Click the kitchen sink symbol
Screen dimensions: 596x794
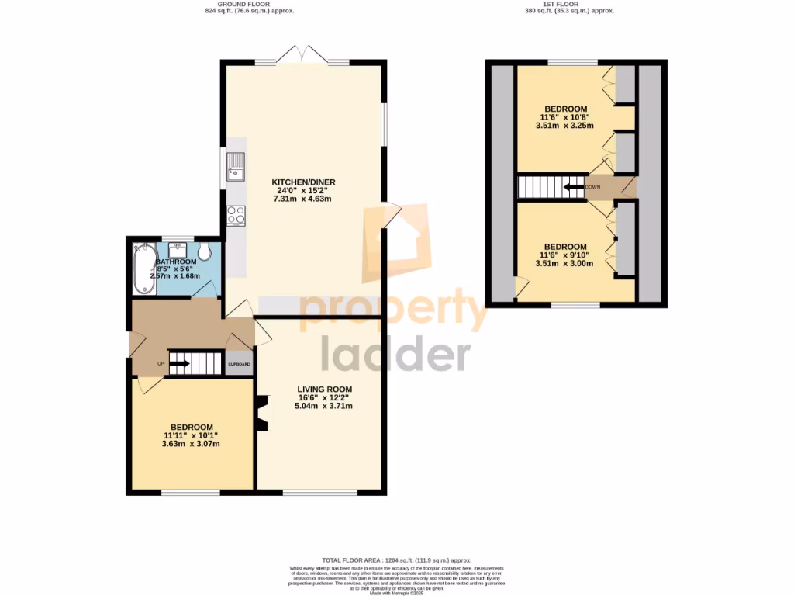tap(236, 166)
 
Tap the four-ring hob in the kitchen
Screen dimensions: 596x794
tap(236, 215)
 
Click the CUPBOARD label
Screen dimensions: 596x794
tap(239, 364)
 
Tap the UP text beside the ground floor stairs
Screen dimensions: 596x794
tap(161, 363)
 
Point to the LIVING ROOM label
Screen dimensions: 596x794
tap(324, 390)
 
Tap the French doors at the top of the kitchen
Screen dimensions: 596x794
tap(303, 56)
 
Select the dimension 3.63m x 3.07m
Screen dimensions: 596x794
tap(192, 444)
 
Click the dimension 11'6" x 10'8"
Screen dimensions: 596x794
tap(564, 118)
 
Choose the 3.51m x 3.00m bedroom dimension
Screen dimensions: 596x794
tap(564, 263)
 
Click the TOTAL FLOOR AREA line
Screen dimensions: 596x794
tap(397, 560)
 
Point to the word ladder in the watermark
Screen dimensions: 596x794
tap(395, 355)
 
